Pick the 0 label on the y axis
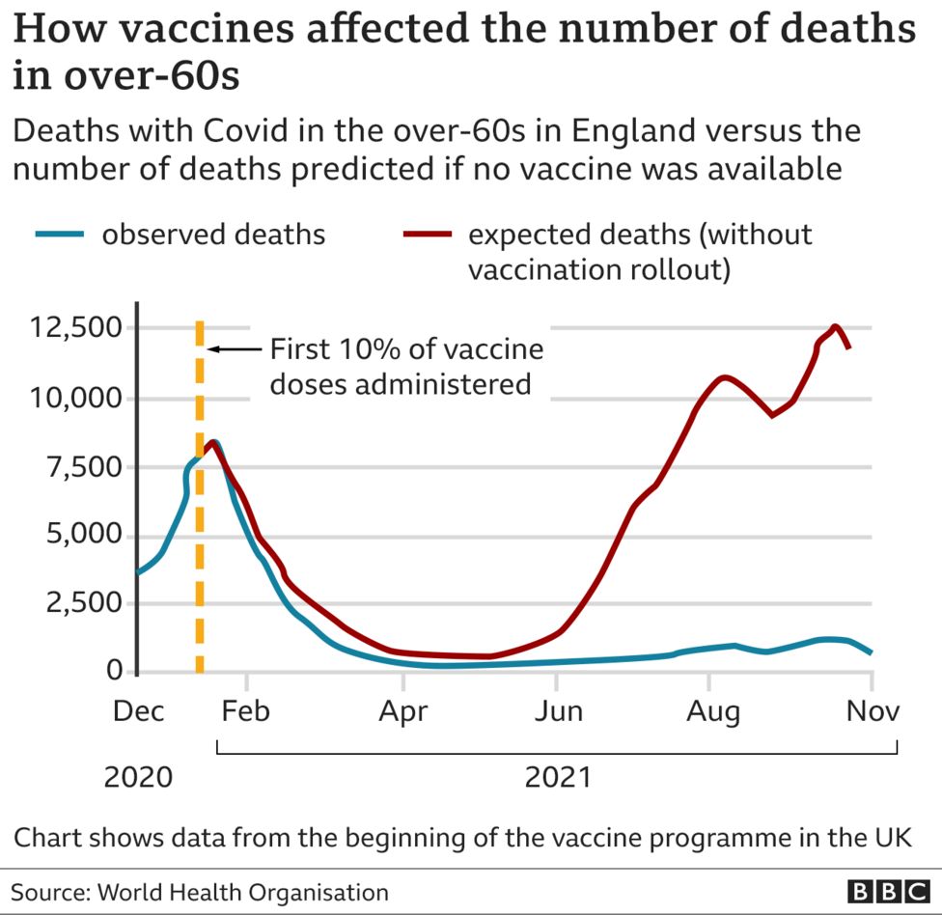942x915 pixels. pyautogui.click(x=115, y=671)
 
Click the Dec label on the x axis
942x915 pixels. pyautogui.click(x=138, y=712)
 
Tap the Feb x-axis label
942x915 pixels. pyautogui.click(x=246, y=712)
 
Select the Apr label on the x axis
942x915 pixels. pyautogui.click(x=402, y=712)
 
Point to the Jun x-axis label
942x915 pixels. pyautogui.click(x=558, y=712)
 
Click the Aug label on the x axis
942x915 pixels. pyautogui.click(x=712, y=712)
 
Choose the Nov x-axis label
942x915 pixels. pyautogui.click(x=872, y=712)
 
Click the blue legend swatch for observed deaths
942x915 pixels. pyautogui.click(x=60, y=235)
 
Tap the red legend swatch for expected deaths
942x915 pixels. pyautogui.click(x=427, y=235)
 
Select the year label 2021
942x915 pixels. pyautogui.click(x=557, y=777)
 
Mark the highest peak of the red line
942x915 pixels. pyautogui.click(x=835, y=326)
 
